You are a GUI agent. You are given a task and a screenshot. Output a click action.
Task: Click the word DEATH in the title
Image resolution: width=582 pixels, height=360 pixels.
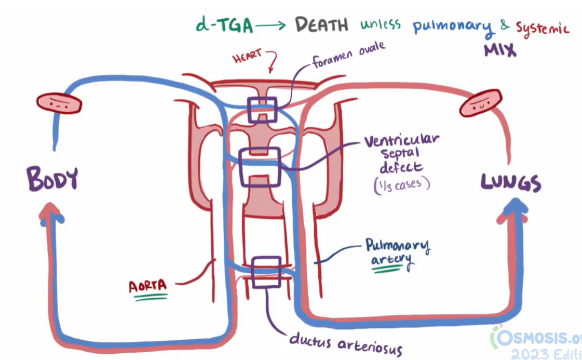(x=321, y=25)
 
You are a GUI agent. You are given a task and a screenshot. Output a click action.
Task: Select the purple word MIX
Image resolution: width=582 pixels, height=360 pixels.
(x=499, y=50)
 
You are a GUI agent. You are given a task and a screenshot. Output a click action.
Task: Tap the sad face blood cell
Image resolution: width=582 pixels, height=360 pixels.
(x=59, y=103)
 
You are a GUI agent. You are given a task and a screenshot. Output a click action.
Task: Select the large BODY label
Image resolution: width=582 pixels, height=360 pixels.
(x=52, y=179)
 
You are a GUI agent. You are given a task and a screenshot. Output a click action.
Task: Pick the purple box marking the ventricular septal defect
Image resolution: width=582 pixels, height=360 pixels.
(x=260, y=167)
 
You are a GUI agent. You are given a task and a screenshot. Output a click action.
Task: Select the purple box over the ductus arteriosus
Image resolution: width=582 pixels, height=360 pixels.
(x=265, y=272)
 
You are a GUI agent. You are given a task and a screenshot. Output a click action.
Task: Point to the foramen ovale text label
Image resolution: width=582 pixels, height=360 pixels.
(x=348, y=55)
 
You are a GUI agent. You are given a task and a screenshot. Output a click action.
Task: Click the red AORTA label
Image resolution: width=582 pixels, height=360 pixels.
(x=148, y=286)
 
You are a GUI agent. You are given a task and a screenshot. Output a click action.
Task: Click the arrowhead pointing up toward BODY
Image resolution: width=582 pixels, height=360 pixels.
(x=51, y=211)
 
